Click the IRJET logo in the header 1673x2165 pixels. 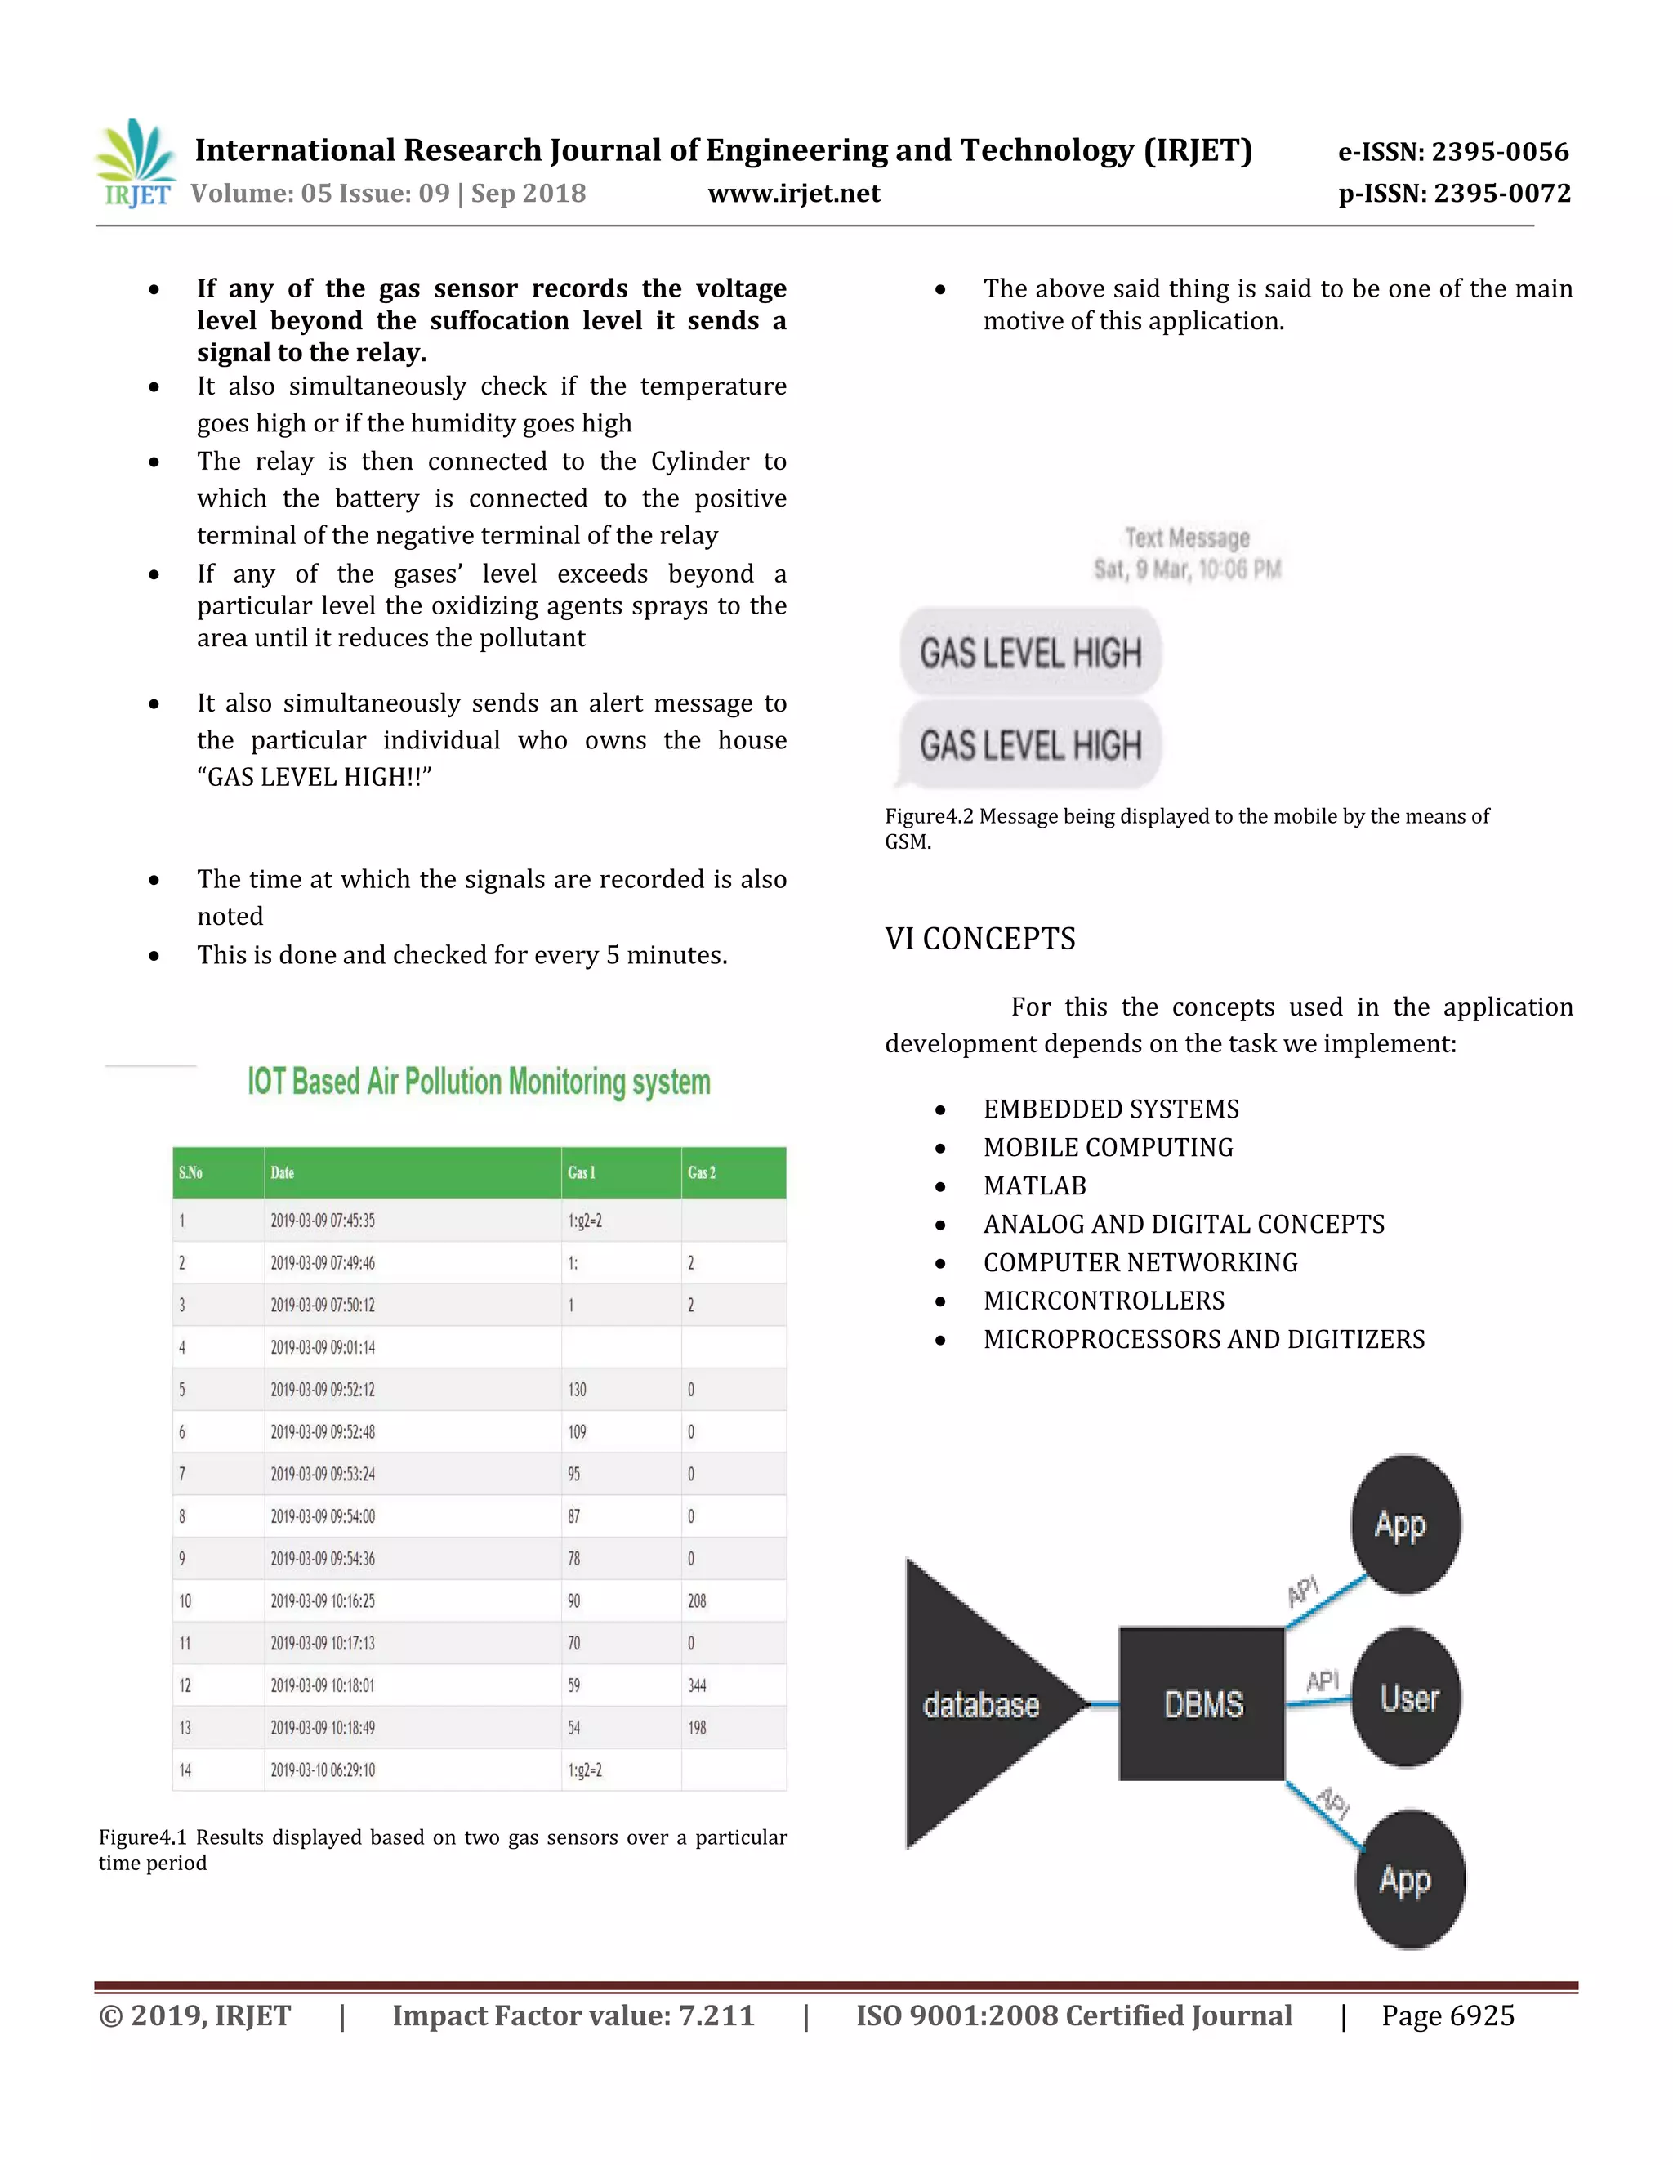click(x=136, y=164)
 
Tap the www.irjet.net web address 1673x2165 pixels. click(x=794, y=194)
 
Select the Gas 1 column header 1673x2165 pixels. click(x=582, y=1172)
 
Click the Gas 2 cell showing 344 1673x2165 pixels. click(x=697, y=1685)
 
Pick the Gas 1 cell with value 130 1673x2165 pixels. click(x=577, y=1390)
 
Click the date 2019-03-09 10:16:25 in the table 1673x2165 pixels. click(x=323, y=1601)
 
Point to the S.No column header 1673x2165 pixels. click(x=190, y=1172)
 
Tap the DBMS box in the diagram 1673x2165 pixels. click(x=1202, y=1704)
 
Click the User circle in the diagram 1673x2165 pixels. click(x=1408, y=1699)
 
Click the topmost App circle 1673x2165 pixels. click(x=1404, y=1524)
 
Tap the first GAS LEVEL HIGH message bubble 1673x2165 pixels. click(x=1030, y=652)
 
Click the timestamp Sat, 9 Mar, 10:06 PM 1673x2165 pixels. click(x=1187, y=569)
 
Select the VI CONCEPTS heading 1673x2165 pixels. click(x=979, y=938)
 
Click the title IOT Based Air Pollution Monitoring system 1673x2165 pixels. click(x=479, y=1082)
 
